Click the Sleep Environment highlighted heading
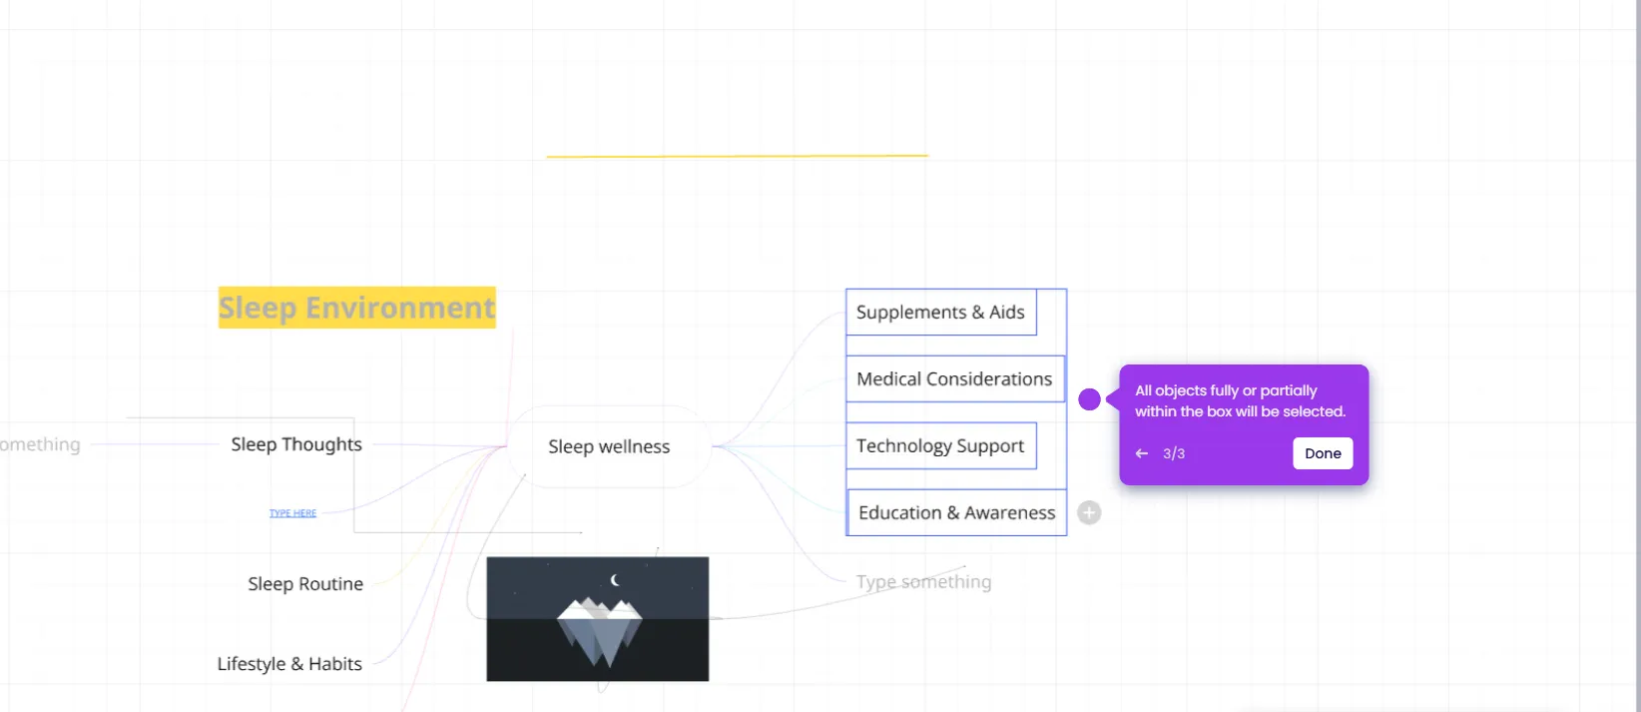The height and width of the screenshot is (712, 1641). [356, 308]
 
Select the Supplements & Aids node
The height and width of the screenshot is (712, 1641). [940, 313]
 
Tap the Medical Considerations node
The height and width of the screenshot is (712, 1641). [954, 379]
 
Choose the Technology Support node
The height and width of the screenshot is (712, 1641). [940, 446]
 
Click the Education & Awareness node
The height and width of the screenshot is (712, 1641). [956, 513]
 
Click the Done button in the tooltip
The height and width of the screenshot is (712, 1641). [1323, 453]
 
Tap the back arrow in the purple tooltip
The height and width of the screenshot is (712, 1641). [1142, 453]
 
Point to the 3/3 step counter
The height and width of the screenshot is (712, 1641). [1174, 453]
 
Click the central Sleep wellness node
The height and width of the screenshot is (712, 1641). [609, 447]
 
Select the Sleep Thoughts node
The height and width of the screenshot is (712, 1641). [296, 444]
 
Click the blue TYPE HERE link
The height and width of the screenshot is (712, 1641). [292, 513]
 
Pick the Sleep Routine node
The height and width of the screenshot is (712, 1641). [305, 584]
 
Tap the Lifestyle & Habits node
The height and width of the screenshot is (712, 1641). [289, 664]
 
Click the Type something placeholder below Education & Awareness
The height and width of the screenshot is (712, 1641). [923, 582]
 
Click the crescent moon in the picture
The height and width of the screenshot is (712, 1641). [615, 579]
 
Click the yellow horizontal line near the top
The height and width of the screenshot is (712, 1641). [737, 156]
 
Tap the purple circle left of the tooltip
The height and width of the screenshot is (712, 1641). [1089, 399]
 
